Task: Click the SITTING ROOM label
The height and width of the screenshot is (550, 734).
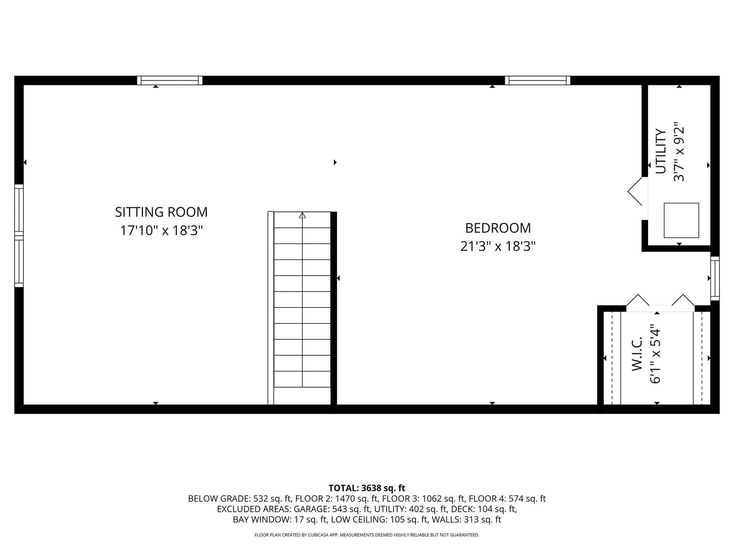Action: pos(161,212)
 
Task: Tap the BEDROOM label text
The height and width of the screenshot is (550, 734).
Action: pos(498,228)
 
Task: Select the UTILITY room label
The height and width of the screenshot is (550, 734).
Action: pos(661,151)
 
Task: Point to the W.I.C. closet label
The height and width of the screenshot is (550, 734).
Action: pos(636,354)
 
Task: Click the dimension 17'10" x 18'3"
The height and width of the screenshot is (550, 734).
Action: pos(161,231)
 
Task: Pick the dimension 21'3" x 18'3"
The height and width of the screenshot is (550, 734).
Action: pos(498,246)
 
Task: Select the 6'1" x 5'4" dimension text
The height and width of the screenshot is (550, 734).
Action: pos(655,356)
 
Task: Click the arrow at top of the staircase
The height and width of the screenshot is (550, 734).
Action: pos(302,216)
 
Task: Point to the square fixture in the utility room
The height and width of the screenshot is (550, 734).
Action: pos(681,220)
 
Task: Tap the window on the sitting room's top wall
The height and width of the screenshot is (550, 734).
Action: pos(170,81)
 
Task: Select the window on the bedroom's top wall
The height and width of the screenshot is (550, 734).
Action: pos(538,81)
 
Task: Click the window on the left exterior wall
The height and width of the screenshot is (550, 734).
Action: pos(19,236)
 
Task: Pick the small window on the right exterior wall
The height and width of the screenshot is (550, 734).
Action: pos(715,278)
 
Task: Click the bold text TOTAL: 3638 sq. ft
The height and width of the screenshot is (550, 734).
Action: pos(367,488)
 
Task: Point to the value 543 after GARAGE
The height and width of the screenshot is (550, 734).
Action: pos(340,509)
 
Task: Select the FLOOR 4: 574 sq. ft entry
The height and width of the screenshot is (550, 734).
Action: pos(507,499)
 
